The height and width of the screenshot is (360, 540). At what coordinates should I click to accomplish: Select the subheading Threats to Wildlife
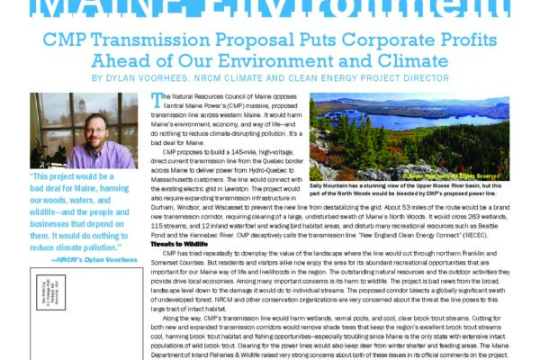pyautogui.click(x=181, y=219)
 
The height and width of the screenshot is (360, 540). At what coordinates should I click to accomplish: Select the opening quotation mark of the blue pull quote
pyautogui.click(x=33, y=178)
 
